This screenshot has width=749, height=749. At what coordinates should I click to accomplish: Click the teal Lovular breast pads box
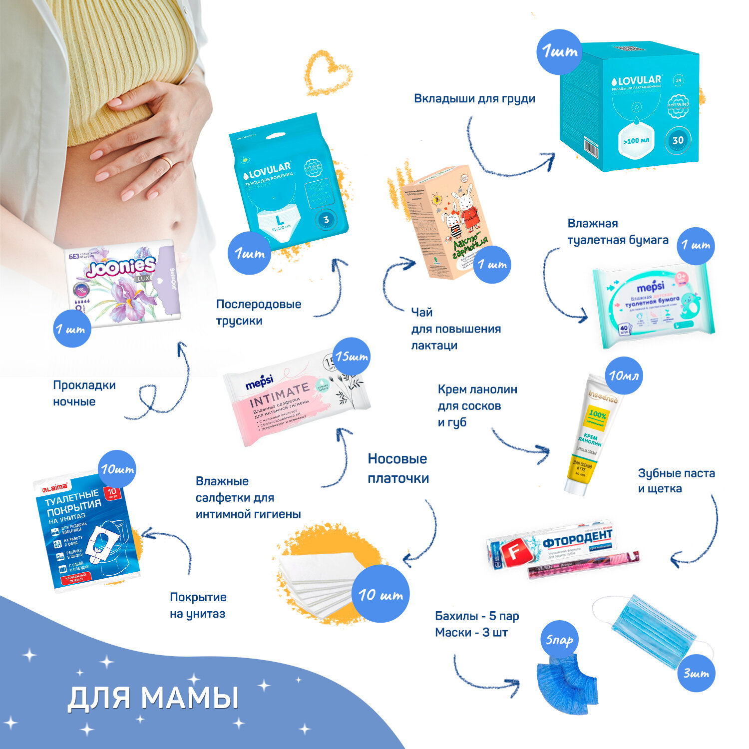click(x=629, y=107)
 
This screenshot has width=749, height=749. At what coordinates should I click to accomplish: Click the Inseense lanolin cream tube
click(x=592, y=434)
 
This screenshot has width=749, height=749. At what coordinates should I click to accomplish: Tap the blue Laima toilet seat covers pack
click(x=85, y=534)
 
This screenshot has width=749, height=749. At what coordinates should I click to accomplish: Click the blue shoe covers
click(x=567, y=682)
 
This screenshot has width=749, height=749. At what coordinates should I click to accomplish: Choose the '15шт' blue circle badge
click(x=352, y=357)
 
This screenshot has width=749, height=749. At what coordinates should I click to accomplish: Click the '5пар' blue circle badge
click(x=559, y=640)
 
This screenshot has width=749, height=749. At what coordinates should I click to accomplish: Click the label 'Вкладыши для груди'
click(x=474, y=98)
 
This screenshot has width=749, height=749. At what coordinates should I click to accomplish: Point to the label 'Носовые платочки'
click(x=398, y=468)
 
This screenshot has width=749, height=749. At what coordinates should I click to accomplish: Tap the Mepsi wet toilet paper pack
click(x=652, y=305)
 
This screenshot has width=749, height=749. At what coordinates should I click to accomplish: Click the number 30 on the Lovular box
click(x=678, y=140)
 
